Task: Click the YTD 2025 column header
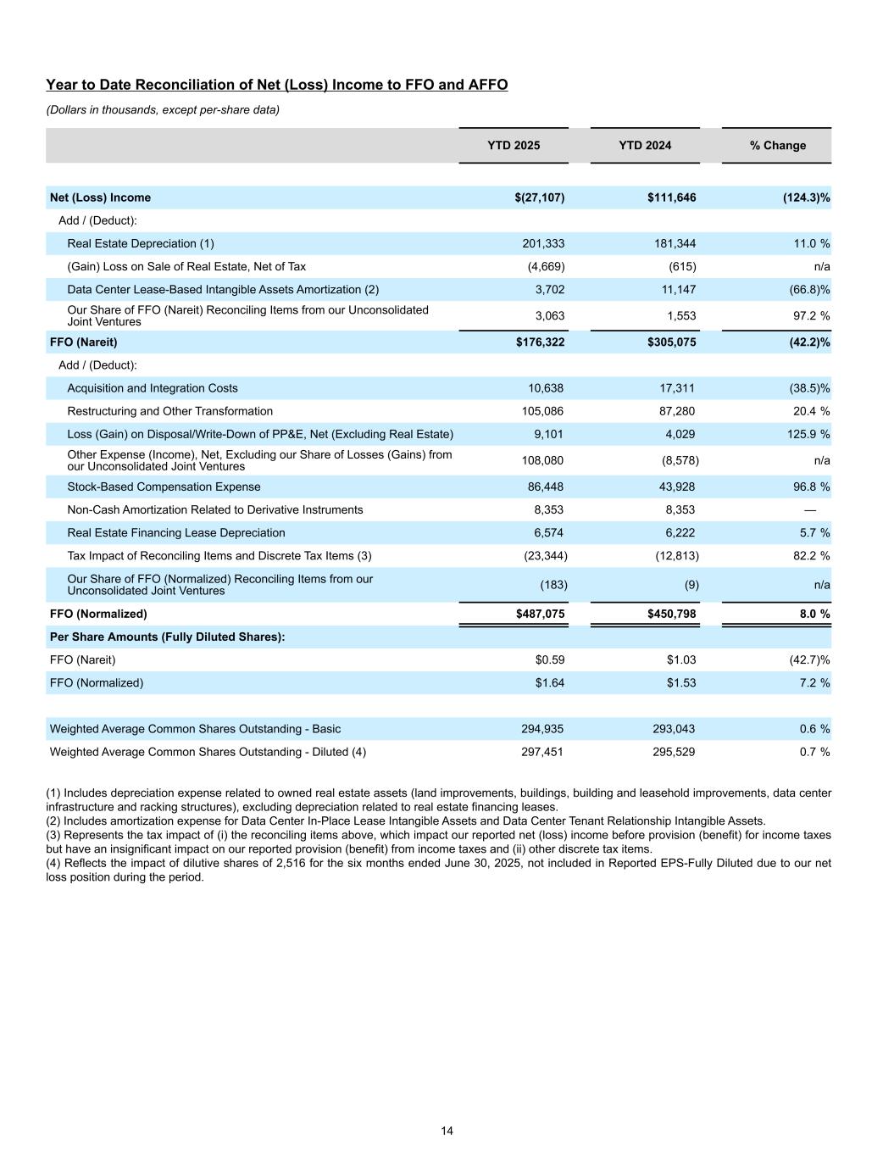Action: coord(513,146)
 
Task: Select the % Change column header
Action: coord(777,146)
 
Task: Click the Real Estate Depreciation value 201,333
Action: coord(543,244)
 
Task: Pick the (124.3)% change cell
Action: coord(807,198)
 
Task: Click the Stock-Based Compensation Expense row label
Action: coord(164,487)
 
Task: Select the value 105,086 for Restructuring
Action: coord(542,412)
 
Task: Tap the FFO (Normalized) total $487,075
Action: coord(540,614)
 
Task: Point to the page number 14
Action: coord(447,1131)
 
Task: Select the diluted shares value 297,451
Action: coord(542,753)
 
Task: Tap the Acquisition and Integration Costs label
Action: coord(153,389)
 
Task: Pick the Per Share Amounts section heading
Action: coord(167,637)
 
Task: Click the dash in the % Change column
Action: coord(810,510)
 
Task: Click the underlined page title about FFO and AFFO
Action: coord(276,85)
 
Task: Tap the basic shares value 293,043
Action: coord(674,730)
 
